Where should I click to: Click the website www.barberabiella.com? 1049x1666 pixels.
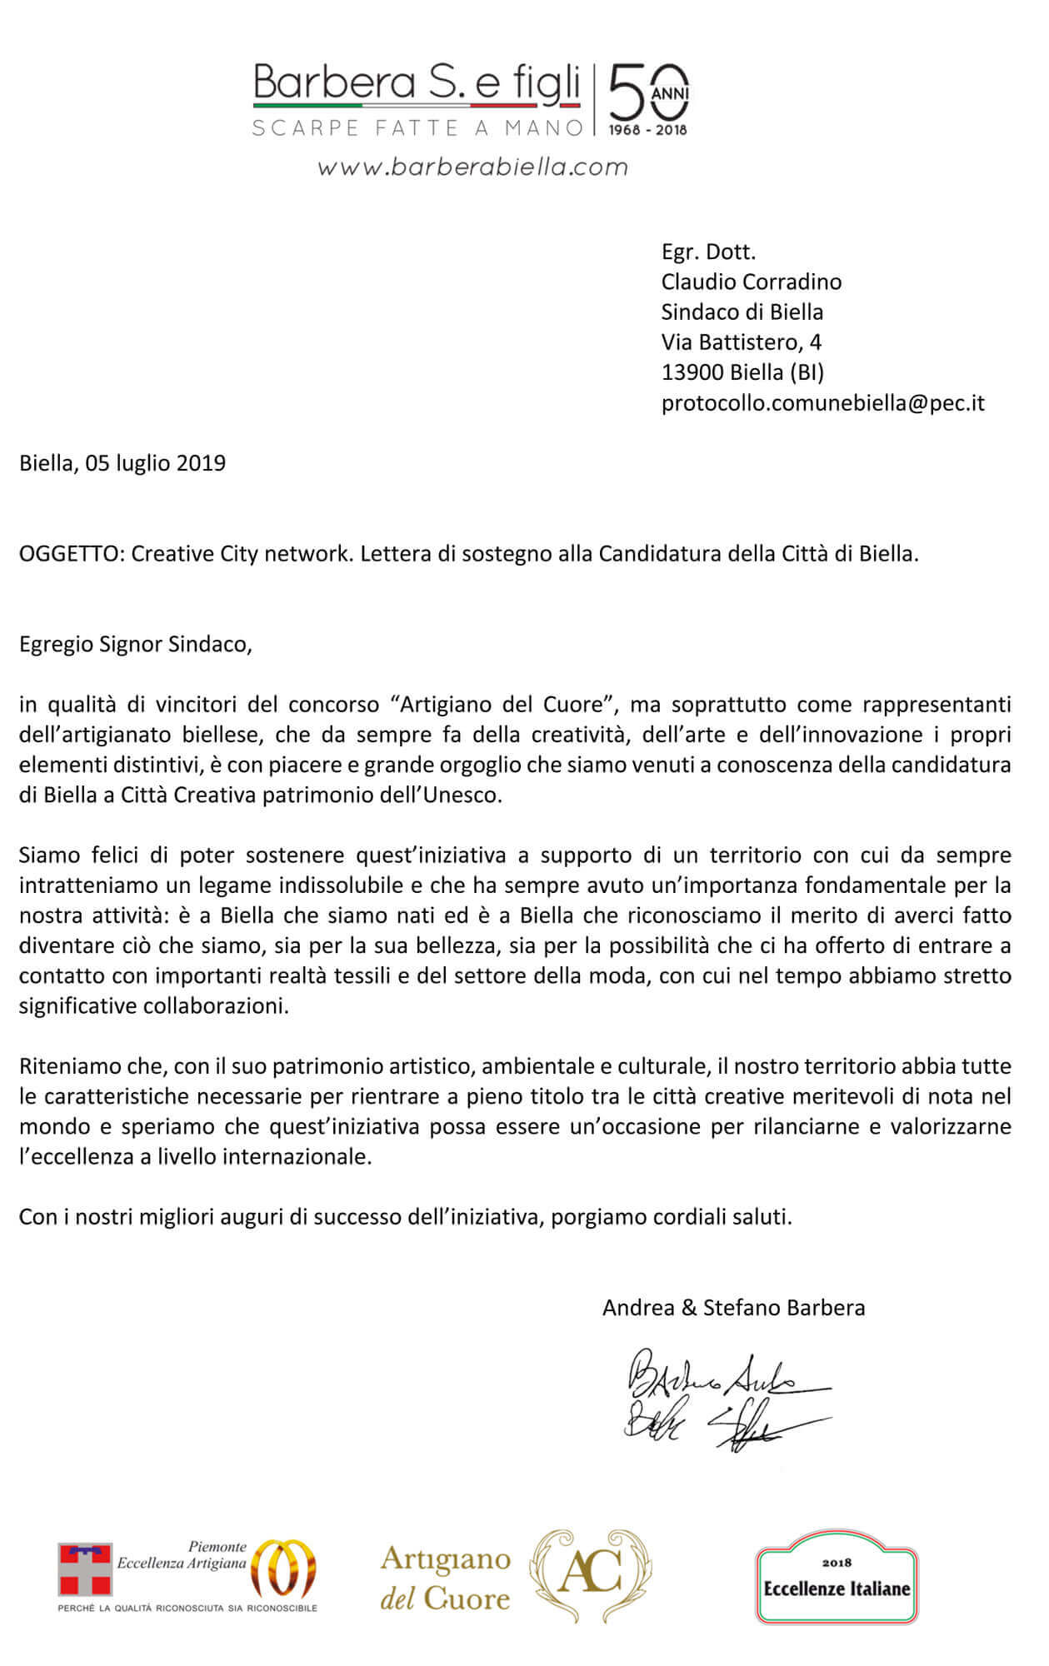click(x=472, y=167)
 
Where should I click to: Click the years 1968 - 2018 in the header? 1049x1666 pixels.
click(x=647, y=130)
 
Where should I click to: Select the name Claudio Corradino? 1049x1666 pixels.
click(x=751, y=282)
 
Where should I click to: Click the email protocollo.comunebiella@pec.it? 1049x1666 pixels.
click(x=822, y=403)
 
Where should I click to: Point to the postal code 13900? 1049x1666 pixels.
click(x=692, y=372)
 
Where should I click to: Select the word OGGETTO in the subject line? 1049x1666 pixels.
click(x=70, y=554)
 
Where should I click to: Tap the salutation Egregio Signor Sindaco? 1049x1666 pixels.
click(x=135, y=645)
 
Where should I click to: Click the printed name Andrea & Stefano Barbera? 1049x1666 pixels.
click(x=733, y=1308)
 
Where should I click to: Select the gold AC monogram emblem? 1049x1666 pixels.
click(x=592, y=1574)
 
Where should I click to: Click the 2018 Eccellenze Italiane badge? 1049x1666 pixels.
click(x=836, y=1577)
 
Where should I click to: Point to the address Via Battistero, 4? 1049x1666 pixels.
click(x=741, y=342)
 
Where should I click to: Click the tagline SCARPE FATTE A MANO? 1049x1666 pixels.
click(x=417, y=128)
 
